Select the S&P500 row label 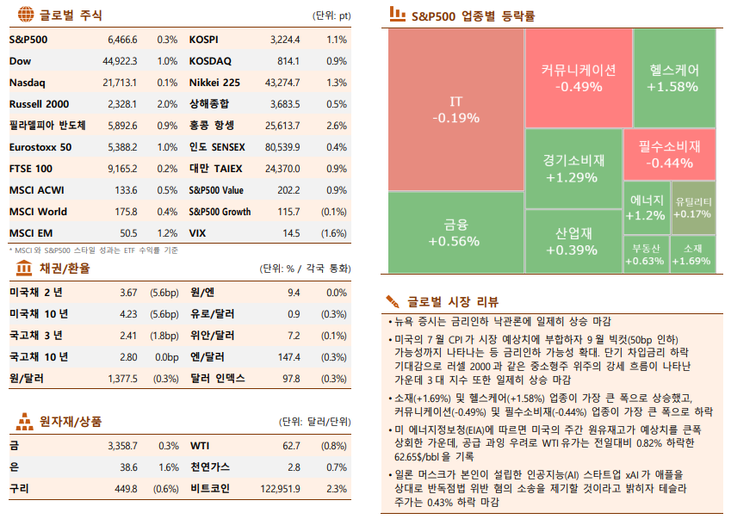point(28,40)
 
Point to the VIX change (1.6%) point(333,233)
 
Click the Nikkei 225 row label point(214,83)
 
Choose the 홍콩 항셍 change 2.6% point(337,126)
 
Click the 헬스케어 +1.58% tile point(671,77)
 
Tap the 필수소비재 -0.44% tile point(671,154)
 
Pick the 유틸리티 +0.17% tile point(693,207)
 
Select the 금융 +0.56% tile point(455,232)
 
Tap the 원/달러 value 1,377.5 point(123,379)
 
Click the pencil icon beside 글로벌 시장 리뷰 point(393,300)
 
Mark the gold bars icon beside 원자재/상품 point(24,422)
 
